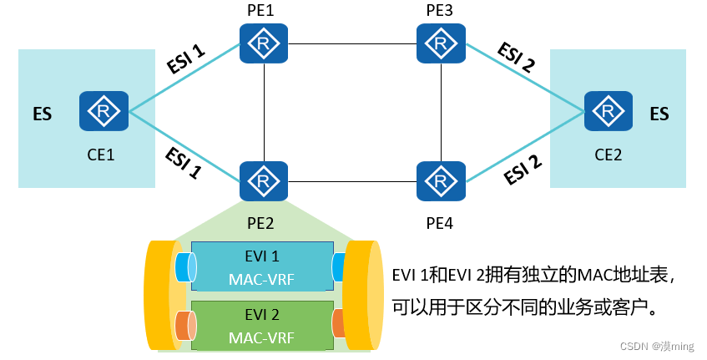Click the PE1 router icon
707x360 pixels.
pos(264,43)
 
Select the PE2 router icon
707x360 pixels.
pos(264,181)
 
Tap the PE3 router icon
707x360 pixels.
pos(440,43)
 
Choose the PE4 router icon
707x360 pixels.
pos(440,181)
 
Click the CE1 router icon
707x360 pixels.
pos(104,111)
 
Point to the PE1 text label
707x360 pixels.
pos(261,10)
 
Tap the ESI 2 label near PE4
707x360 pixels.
pos(523,169)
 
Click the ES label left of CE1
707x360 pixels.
pos(42,114)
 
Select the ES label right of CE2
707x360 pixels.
pos(659,114)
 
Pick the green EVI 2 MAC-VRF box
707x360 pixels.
pos(261,325)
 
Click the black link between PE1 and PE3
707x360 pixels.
pos(351,43)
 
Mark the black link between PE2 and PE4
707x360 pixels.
pos(351,181)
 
